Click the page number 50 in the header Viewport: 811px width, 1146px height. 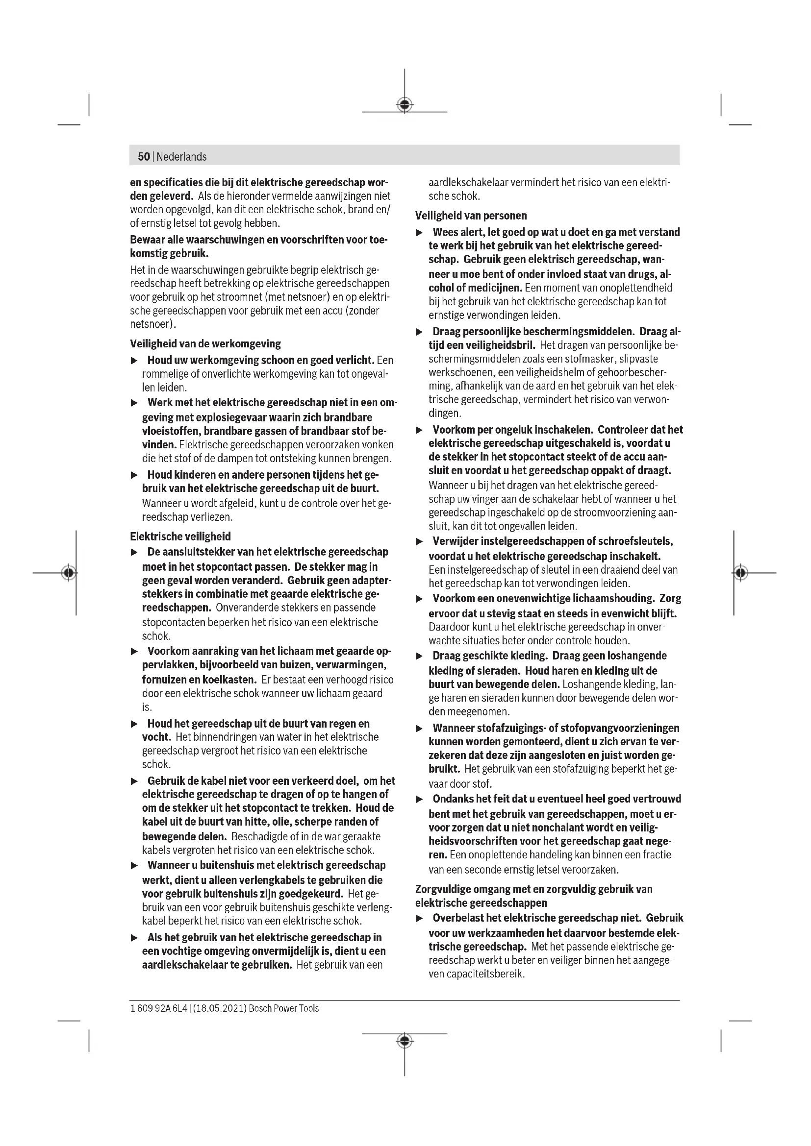(x=144, y=157)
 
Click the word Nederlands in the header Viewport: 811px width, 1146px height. (x=182, y=157)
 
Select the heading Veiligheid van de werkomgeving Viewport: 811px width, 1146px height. (x=205, y=344)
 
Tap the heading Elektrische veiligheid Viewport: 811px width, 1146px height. (x=180, y=536)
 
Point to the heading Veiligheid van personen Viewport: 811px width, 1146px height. (x=471, y=216)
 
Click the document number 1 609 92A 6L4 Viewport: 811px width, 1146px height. (x=158, y=1008)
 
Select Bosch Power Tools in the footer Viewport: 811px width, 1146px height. (x=283, y=1008)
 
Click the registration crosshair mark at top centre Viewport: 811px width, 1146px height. (x=405, y=105)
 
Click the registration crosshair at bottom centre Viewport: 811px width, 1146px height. (x=405, y=1041)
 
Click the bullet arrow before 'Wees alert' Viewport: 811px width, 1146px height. (x=420, y=233)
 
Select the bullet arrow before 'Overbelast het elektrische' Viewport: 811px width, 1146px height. (x=420, y=918)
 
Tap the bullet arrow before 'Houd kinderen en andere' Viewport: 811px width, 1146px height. (x=134, y=475)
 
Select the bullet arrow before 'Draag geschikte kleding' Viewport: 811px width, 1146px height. (x=420, y=656)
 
